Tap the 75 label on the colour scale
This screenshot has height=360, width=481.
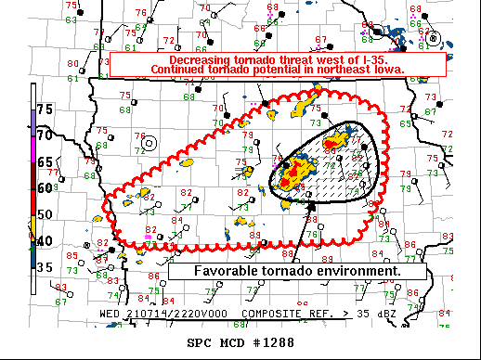(x=45, y=109)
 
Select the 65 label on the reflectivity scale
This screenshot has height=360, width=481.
(x=45, y=161)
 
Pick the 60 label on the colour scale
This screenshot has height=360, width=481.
(x=45, y=187)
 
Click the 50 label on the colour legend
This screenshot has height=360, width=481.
(x=45, y=214)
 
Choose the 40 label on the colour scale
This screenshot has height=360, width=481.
(x=45, y=241)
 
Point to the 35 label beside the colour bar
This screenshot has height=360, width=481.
(x=45, y=268)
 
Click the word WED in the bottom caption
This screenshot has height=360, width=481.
(x=110, y=315)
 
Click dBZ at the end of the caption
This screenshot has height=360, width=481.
(x=386, y=315)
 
